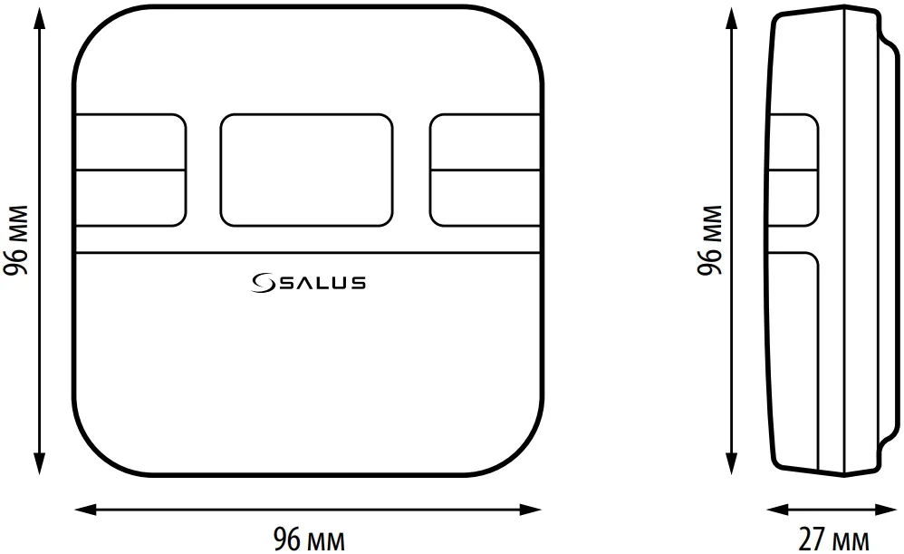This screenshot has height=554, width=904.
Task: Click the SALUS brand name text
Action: click(322, 283)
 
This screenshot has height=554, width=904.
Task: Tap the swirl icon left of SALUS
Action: click(264, 283)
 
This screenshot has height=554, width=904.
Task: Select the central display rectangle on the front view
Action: click(306, 170)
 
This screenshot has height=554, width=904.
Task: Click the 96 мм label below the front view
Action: click(309, 538)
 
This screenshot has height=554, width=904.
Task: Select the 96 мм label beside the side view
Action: click(711, 240)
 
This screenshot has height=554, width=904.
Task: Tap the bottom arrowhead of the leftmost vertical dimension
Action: click(40, 468)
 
